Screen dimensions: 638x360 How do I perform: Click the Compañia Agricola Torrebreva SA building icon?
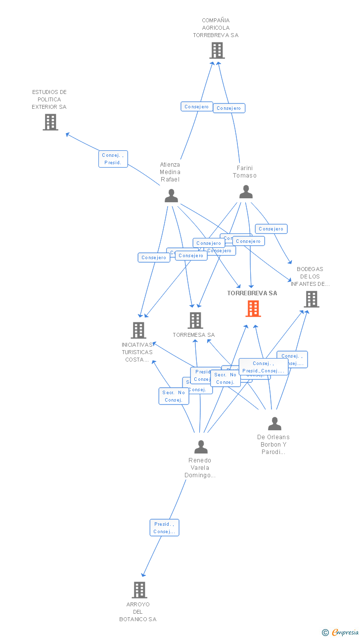(x=217, y=50)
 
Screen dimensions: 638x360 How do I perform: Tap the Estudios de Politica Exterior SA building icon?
(x=50, y=122)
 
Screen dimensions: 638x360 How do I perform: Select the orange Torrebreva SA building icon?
(x=253, y=309)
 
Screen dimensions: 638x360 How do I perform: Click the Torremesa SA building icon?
(x=195, y=320)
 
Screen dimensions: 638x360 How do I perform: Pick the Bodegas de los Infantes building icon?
(x=311, y=299)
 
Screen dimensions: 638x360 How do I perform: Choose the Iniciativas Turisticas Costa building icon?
(x=138, y=330)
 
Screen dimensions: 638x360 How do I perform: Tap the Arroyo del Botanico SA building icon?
(x=139, y=590)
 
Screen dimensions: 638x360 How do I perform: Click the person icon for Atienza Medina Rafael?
(x=171, y=196)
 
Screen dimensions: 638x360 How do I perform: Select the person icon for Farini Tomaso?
(x=246, y=191)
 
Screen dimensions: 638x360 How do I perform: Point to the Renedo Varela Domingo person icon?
(x=201, y=447)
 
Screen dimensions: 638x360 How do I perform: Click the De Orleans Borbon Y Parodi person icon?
(x=274, y=423)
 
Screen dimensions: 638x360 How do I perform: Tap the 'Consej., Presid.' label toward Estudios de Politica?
(x=113, y=159)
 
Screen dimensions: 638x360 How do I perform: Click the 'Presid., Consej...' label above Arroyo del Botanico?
(x=164, y=528)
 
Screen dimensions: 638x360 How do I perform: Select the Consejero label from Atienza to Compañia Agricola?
(x=196, y=107)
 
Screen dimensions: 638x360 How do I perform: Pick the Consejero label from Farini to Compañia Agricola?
(x=229, y=108)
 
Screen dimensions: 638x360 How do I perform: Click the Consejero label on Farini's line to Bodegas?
(x=271, y=229)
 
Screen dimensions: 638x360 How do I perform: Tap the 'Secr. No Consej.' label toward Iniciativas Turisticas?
(x=174, y=396)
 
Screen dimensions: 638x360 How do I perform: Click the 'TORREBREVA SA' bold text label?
(x=252, y=293)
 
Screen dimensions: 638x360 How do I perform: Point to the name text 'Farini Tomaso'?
(x=245, y=172)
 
